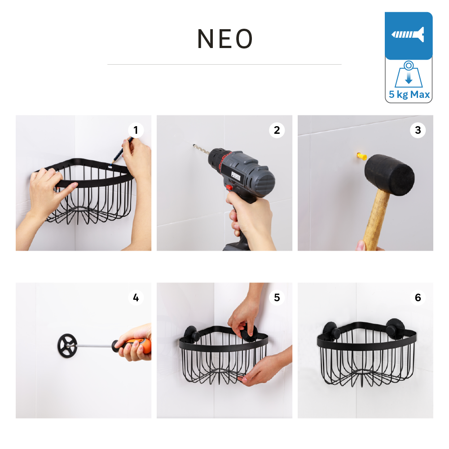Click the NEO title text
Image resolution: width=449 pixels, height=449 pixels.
pyautogui.click(x=225, y=39)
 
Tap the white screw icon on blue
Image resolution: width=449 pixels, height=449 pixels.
pyautogui.click(x=408, y=35)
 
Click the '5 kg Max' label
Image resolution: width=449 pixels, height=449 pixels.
pyautogui.click(x=409, y=94)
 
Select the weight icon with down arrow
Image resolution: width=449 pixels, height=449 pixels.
pyautogui.click(x=409, y=74)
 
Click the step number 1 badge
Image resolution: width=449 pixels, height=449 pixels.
pyautogui.click(x=136, y=130)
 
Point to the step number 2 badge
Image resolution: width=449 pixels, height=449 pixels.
pyautogui.click(x=277, y=130)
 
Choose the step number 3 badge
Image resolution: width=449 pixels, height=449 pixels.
pyautogui.click(x=418, y=130)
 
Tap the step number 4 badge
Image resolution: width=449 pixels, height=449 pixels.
pyautogui.click(x=136, y=298)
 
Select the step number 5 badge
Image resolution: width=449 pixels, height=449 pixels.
pyautogui.click(x=277, y=298)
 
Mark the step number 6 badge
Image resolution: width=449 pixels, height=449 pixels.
pyautogui.click(x=418, y=298)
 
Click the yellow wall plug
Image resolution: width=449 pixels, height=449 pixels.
pyautogui.click(x=361, y=156)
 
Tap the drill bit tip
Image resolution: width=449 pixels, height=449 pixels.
pyautogui.click(x=194, y=145)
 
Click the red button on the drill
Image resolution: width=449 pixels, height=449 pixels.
pyautogui.click(x=229, y=188)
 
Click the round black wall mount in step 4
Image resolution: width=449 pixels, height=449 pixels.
pyautogui.click(x=67, y=346)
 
